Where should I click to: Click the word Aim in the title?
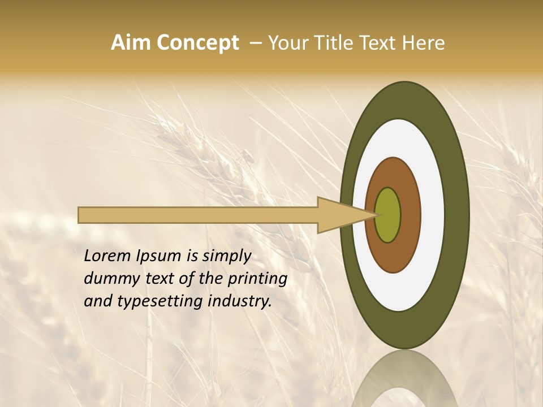pos(131,43)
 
